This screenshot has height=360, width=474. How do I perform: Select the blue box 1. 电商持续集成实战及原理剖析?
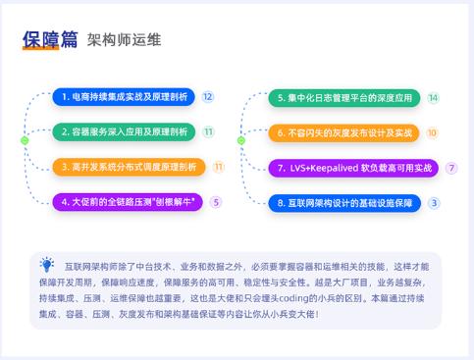click(123, 97)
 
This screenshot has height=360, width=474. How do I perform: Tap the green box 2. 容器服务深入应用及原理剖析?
click(123, 131)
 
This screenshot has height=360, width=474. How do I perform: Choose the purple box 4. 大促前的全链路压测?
click(125, 202)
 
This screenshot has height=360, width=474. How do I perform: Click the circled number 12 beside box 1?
click(208, 97)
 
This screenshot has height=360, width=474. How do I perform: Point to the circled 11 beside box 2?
click(208, 131)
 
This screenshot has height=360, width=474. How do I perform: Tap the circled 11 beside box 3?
click(218, 167)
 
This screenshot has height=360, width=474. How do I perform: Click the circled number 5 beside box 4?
click(216, 202)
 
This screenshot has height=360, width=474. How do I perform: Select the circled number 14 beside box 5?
click(433, 97)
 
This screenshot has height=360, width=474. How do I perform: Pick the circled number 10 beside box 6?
click(432, 131)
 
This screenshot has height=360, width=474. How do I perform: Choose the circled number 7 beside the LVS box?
click(451, 168)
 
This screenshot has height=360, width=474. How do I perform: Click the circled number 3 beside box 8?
click(434, 202)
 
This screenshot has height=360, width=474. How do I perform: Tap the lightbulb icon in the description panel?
click(47, 264)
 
